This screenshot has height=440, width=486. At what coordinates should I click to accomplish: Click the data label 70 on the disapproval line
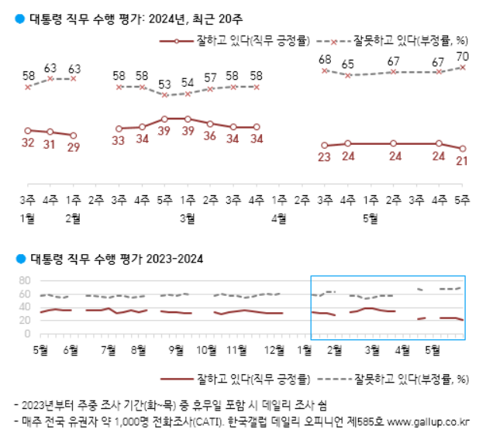click(x=462, y=57)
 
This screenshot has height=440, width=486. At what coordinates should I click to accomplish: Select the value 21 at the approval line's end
click(x=462, y=160)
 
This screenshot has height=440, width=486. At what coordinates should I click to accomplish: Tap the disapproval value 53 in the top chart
click(x=164, y=84)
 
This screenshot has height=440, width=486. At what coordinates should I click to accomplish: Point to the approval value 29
click(x=74, y=148)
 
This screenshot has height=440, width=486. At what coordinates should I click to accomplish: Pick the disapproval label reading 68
click(x=325, y=60)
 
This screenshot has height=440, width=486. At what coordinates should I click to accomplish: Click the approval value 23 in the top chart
click(x=325, y=157)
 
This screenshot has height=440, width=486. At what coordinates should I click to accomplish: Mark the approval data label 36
click(x=210, y=136)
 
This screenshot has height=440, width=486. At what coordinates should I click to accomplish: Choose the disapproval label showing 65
click(x=348, y=64)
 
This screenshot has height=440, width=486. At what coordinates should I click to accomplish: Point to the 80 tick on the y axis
click(x=23, y=280)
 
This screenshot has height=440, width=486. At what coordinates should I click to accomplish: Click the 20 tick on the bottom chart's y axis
click(x=23, y=321)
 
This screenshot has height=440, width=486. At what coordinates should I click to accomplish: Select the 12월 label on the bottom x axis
click(x=274, y=350)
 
